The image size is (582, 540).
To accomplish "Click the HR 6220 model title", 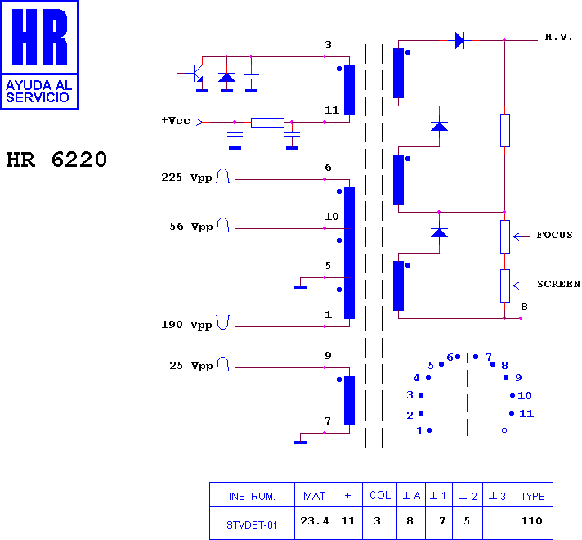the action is click(56, 160).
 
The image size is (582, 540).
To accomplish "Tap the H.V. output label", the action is click(558, 37).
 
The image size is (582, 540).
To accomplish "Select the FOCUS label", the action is click(554, 235).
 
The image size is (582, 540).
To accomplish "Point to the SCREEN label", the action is click(558, 284).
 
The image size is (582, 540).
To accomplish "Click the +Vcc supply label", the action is click(176, 120).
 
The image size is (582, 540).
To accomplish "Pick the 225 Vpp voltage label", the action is click(186, 178).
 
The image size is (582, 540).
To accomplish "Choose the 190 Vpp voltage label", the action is click(186, 325).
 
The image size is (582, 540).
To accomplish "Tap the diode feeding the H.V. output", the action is click(460, 40).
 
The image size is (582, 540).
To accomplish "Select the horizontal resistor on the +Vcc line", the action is click(267, 122).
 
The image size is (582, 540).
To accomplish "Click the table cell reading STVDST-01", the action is click(252, 525).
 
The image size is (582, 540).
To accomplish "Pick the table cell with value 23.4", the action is click(315, 521).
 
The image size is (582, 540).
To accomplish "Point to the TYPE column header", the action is click(533, 496).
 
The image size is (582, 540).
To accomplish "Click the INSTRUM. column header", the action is click(252, 497).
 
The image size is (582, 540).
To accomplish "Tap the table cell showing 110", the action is click(531, 520).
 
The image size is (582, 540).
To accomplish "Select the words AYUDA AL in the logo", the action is click(39, 85).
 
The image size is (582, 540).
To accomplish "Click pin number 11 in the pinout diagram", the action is click(526, 414).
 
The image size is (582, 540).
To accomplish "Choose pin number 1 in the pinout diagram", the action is click(419, 430).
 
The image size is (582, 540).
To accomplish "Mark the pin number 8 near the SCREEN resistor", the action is click(524, 307).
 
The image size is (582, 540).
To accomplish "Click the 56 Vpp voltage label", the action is click(190, 227).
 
